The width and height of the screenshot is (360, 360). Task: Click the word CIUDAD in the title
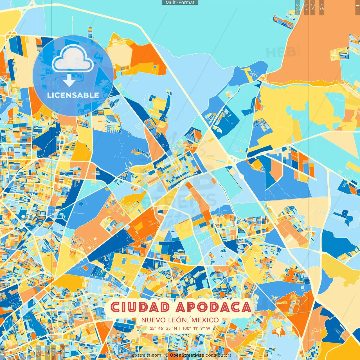[x=140, y=307]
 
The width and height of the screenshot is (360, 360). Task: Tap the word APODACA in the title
[x=213, y=307]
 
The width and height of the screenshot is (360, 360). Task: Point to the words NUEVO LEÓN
[x=164, y=320]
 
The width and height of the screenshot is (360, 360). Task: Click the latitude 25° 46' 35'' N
[x=163, y=328]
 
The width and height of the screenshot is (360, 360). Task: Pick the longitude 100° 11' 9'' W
[x=196, y=328]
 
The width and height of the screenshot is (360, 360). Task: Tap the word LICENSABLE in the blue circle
[x=73, y=95]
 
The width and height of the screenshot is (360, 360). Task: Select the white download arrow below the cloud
[x=69, y=81]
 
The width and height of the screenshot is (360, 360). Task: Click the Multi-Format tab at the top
[x=180, y=3]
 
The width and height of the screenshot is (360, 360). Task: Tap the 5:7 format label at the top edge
[x=306, y=7]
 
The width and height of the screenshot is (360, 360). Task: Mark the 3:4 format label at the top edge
[x=313, y=7]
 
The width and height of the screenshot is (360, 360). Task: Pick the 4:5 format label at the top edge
[x=321, y=7]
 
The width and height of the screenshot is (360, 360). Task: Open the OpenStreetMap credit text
[x=187, y=355]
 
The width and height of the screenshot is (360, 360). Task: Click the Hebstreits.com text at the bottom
[x=145, y=355]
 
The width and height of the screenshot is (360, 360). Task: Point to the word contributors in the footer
[x=219, y=355]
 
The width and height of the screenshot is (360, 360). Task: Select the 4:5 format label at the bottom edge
[x=38, y=353]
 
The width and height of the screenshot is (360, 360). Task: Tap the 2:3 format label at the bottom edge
[x=62, y=353]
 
